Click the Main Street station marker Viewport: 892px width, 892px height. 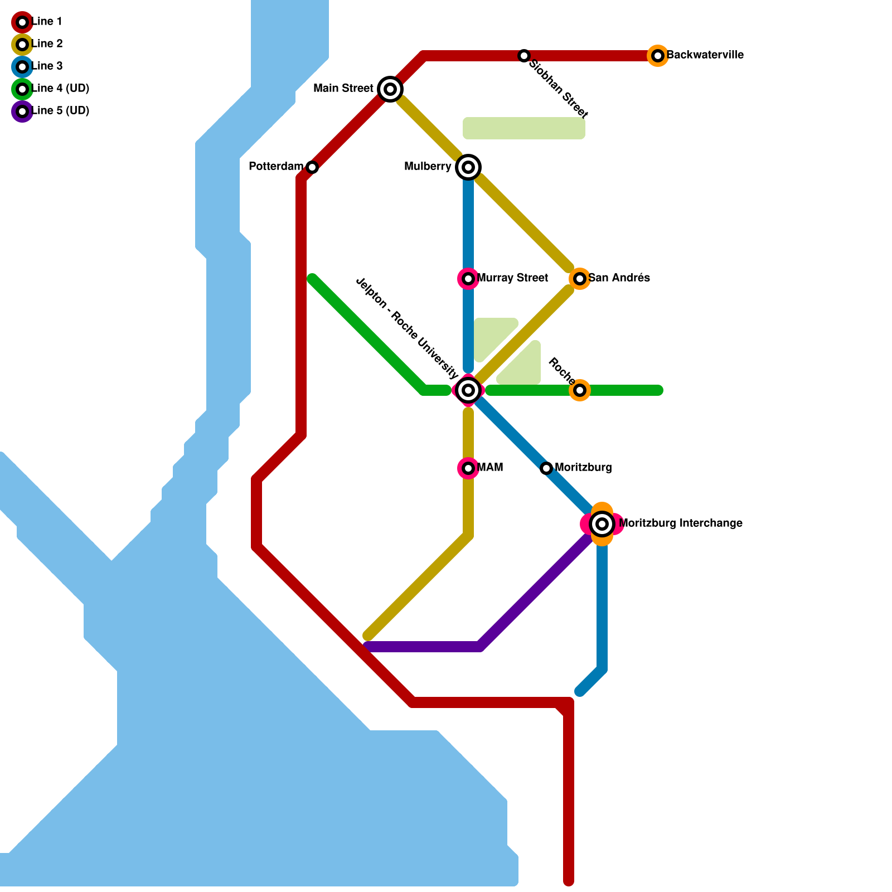pos(390,89)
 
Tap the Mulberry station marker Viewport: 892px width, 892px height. pos(468,167)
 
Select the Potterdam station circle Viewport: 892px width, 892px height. pos(312,167)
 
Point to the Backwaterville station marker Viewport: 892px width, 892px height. pos(658,56)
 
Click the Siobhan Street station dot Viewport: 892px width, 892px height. pos(524,56)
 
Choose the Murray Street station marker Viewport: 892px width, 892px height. pos(468,278)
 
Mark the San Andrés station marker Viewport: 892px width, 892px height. pos(580,278)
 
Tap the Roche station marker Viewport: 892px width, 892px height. pos(580,390)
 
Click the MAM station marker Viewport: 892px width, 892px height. pos(468,468)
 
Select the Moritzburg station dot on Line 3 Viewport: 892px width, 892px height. pos(546,468)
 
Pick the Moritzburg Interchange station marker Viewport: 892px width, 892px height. pos(602,524)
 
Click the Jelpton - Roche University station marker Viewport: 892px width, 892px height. pos(468,390)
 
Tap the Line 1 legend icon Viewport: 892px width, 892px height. pos(22,22)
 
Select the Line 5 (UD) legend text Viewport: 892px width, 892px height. pos(61,111)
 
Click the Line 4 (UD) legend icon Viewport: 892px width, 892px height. pos(22,89)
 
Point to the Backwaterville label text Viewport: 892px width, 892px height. pos(705,55)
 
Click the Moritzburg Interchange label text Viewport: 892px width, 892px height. pos(680,523)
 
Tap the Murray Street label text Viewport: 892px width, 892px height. pos(512,278)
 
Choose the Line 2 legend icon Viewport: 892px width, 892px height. pos(22,45)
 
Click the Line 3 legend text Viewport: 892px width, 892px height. pos(47,66)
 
